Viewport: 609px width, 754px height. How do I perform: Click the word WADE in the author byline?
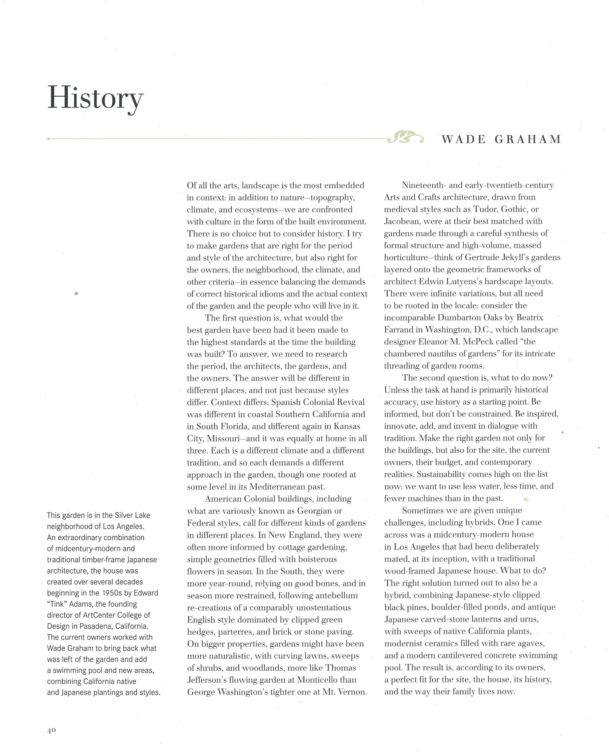point(464,140)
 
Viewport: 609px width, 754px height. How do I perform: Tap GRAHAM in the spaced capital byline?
point(528,140)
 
